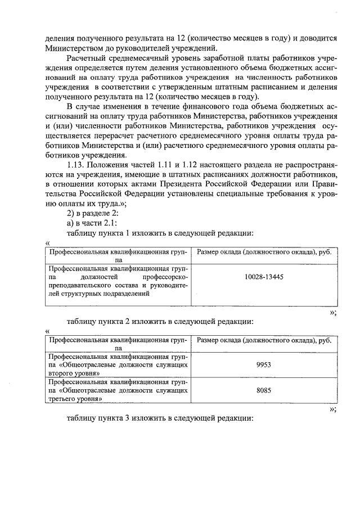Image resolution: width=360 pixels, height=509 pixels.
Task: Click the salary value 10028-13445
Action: [264, 277]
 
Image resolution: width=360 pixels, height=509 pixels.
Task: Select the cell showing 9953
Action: [264, 364]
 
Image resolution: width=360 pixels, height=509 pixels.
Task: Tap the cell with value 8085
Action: [264, 389]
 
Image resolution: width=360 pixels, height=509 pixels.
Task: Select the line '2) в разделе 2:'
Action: [91, 212]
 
